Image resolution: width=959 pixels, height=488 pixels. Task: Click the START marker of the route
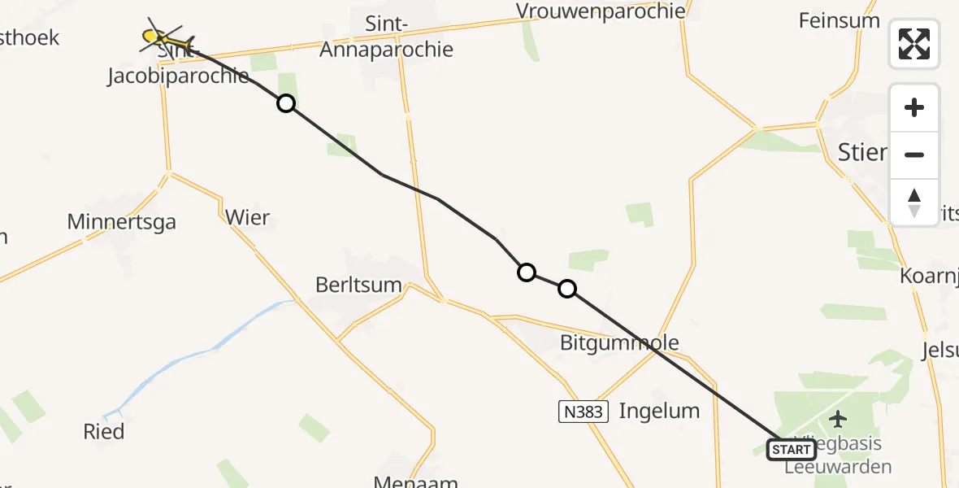click(792, 449)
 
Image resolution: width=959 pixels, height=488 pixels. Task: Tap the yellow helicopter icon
click(166, 37)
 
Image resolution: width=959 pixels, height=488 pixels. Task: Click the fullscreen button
click(914, 44)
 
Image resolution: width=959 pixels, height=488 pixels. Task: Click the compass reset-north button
click(914, 203)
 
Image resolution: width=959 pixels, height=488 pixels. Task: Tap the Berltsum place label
click(359, 285)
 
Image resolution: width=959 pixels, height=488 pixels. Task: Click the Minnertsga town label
click(122, 221)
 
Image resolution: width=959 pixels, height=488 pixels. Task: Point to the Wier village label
click(247, 218)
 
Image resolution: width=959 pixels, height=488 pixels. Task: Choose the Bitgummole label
click(619, 343)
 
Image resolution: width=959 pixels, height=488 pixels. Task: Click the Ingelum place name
click(659, 411)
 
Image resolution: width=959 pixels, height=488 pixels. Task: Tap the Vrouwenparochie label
click(601, 12)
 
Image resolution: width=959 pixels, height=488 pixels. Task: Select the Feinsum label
click(840, 20)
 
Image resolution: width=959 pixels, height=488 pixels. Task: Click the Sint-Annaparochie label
click(386, 37)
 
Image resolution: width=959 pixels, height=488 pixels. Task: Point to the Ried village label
click(104, 431)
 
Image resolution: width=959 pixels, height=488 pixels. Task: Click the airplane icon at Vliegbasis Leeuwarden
click(838, 419)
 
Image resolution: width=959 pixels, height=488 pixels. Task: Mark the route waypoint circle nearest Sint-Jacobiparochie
click(285, 103)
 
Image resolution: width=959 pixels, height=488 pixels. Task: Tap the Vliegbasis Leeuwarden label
click(838, 456)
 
